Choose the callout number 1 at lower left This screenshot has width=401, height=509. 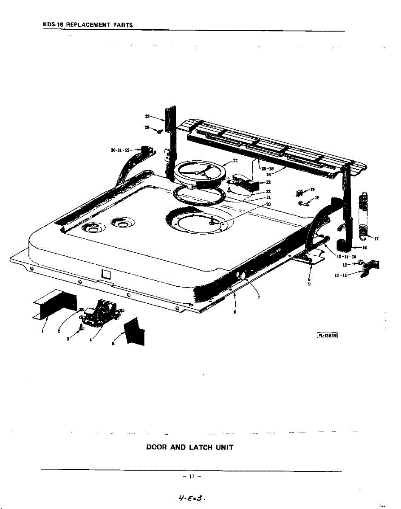[42, 332]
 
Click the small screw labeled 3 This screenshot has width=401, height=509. [81, 326]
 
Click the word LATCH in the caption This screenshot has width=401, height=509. [202, 447]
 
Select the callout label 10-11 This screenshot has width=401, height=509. [341, 275]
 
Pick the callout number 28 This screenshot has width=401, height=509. [147, 115]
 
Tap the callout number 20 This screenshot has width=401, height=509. [268, 204]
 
